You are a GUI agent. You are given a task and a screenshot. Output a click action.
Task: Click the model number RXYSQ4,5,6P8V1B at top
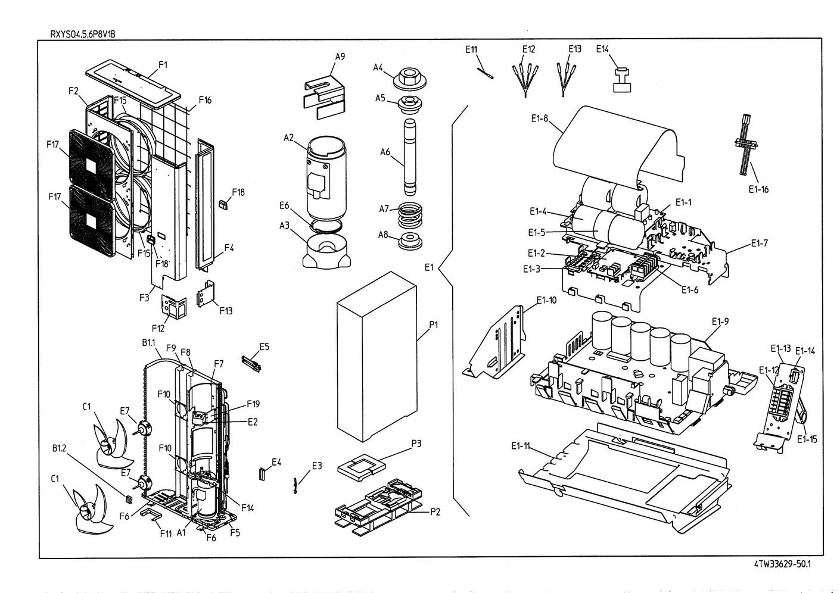(x=83, y=33)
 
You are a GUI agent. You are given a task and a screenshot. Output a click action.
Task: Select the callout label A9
(x=340, y=57)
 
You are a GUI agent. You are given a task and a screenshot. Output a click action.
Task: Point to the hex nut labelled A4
(x=409, y=77)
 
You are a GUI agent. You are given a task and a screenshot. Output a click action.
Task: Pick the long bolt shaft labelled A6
(x=409, y=156)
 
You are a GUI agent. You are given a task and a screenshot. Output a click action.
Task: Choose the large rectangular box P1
(x=377, y=356)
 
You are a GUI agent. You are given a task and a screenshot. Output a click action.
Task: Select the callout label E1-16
(x=758, y=189)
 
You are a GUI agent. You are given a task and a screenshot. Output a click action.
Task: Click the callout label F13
(x=226, y=310)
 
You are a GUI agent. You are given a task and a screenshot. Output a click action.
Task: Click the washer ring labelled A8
(x=410, y=241)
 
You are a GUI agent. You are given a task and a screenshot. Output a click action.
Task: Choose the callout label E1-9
(x=720, y=322)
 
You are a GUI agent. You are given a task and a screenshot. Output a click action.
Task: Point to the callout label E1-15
(x=807, y=439)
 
